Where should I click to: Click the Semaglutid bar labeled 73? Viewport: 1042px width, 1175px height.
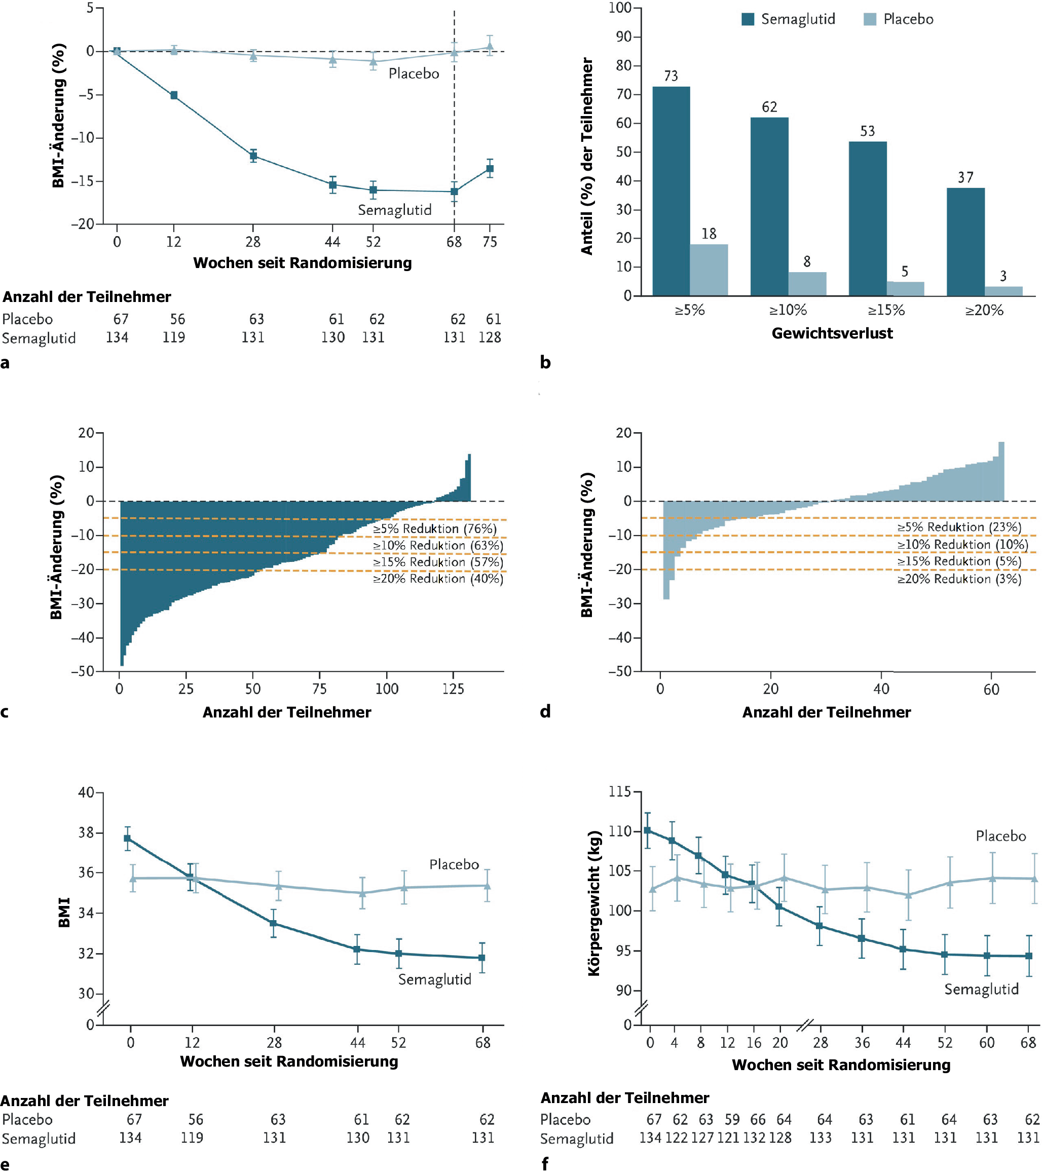(671, 191)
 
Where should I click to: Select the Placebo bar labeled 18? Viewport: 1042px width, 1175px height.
(709, 270)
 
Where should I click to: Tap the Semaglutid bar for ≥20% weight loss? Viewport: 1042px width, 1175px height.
(965, 242)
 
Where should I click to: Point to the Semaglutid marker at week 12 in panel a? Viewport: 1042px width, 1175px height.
(174, 95)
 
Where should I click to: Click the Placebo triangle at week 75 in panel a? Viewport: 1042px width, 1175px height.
(490, 47)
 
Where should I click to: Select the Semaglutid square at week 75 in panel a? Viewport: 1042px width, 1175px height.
(490, 168)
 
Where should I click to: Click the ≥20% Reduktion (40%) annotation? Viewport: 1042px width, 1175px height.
(437, 579)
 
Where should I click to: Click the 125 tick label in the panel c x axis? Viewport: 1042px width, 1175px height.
(453, 689)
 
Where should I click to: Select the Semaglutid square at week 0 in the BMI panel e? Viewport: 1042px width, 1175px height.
(128, 838)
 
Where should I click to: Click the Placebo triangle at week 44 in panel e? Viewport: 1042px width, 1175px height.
(362, 893)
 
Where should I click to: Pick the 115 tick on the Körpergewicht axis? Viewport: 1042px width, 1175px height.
(619, 791)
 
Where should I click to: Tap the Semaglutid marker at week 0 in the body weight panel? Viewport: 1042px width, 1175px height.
(648, 830)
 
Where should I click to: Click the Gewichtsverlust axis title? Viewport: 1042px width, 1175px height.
(832, 333)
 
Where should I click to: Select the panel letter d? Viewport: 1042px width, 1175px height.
(545, 712)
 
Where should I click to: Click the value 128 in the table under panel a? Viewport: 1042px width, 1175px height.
(490, 337)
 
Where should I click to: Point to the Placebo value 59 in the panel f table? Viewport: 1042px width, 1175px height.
(731, 1119)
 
